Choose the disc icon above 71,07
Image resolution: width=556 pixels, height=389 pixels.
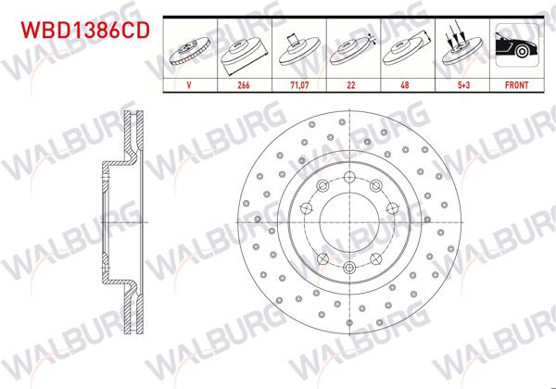click(x=298, y=50)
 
